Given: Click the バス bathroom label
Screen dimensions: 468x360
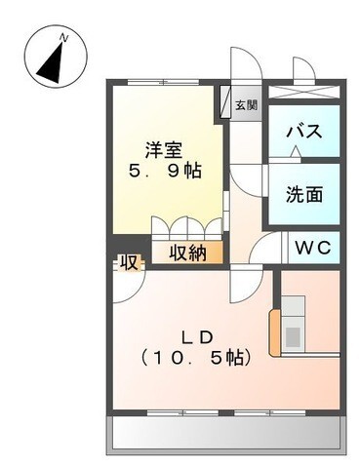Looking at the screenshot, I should [x=304, y=133].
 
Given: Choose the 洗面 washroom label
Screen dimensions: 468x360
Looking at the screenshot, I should [x=304, y=194].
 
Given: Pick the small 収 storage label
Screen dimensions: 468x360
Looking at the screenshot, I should [x=128, y=261].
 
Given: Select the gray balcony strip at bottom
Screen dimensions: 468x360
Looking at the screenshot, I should [x=224, y=430].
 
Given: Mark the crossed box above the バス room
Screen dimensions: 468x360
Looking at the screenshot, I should [x=303, y=91].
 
